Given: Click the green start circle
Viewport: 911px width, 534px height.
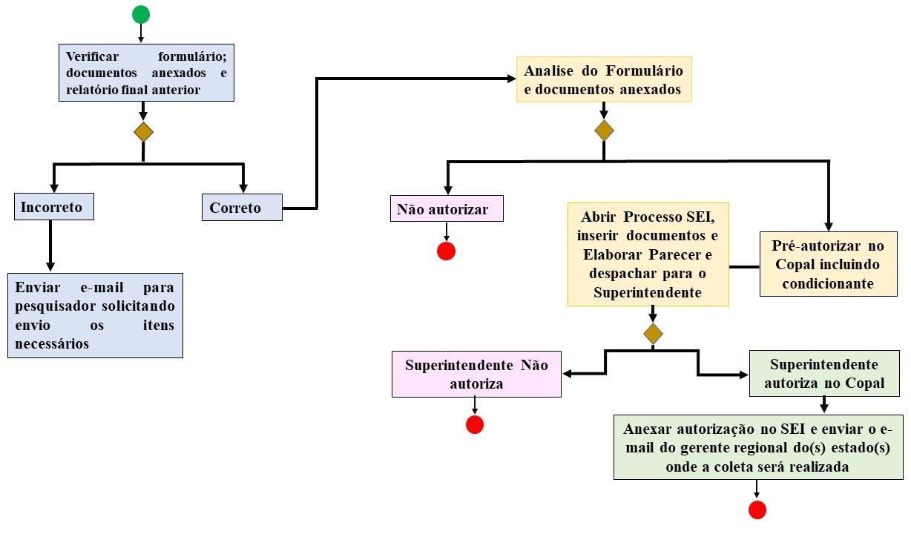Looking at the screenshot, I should [x=141, y=14].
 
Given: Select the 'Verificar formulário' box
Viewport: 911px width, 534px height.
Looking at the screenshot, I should [x=146, y=73].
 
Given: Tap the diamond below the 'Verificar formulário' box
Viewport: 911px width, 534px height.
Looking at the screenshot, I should [x=143, y=132].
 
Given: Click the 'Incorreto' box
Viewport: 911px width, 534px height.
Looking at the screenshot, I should [x=54, y=207].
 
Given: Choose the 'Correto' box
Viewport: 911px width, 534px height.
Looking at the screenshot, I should [x=242, y=207].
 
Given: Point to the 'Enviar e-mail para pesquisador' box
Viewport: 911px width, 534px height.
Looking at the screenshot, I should [x=95, y=315].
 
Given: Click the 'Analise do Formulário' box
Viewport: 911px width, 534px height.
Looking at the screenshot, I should [x=604, y=80].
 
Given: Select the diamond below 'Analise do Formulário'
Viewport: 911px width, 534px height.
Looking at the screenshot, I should [x=605, y=131].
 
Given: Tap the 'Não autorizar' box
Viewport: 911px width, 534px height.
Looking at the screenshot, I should [x=447, y=208].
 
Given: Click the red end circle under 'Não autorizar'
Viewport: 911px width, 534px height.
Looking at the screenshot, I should [x=446, y=251].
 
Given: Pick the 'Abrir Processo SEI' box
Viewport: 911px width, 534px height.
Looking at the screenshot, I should [x=648, y=254].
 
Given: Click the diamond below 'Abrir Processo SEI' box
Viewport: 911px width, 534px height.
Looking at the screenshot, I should [x=653, y=334].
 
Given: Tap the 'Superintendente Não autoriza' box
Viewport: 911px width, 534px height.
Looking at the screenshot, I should [x=476, y=375].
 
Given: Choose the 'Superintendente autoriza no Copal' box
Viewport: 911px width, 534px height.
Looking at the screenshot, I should [x=824, y=374].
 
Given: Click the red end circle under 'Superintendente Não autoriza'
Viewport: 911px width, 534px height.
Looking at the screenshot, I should [x=475, y=425].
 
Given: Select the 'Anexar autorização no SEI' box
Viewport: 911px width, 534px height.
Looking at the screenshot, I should [x=758, y=447].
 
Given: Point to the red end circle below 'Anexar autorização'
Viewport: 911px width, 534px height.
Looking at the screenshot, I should [x=757, y=510].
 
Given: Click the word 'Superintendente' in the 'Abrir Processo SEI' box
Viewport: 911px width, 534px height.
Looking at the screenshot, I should [x=648, y=292].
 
